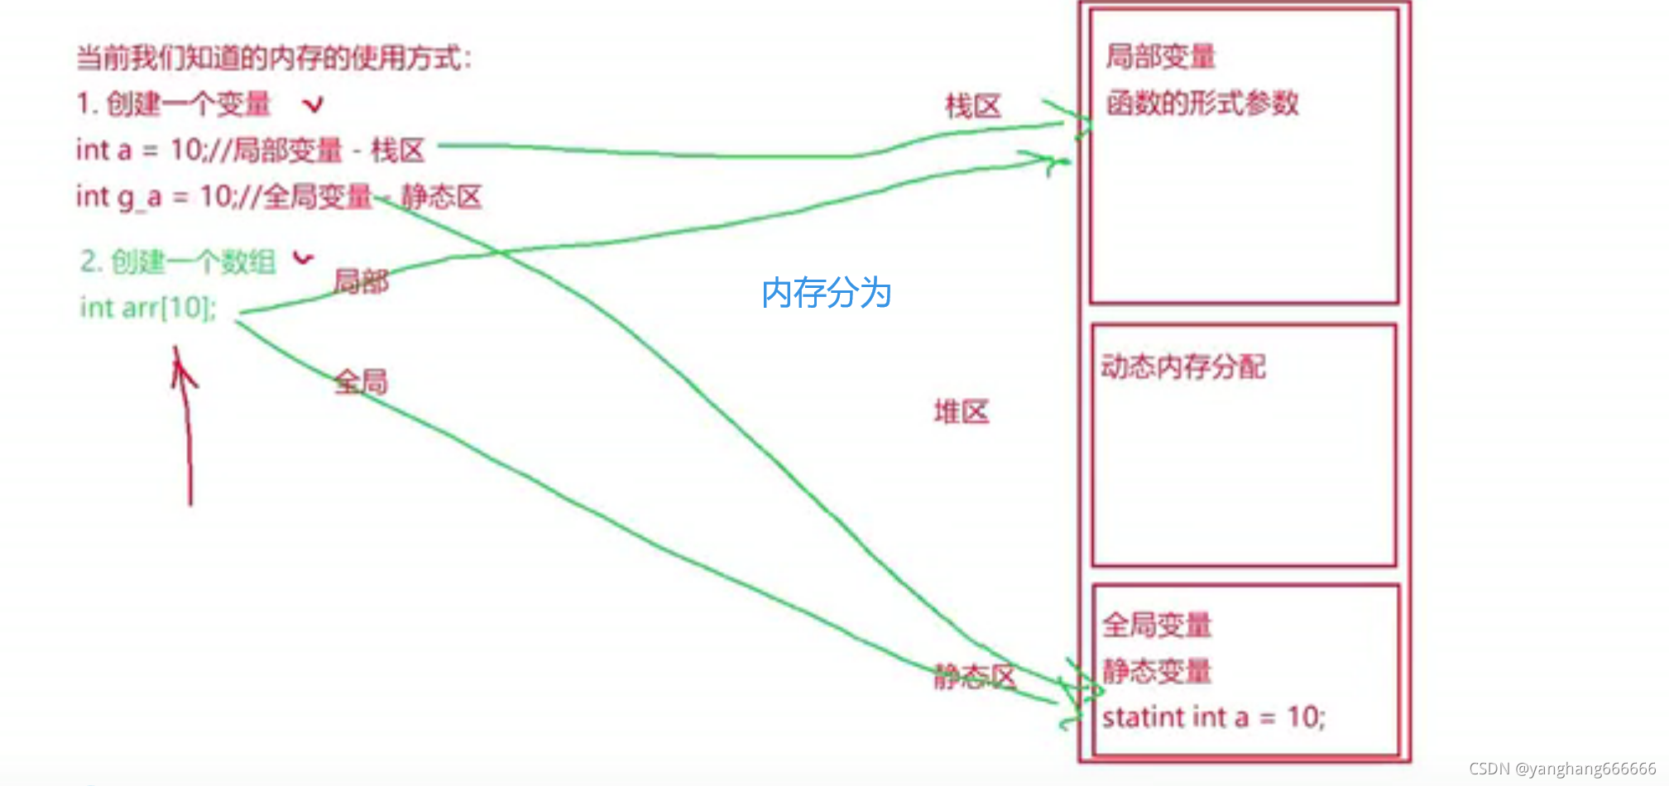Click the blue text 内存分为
point(826,293)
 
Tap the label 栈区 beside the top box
point(973,106)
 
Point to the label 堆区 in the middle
point(962,411)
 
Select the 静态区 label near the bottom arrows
point(974,677)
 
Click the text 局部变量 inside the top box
point(1160,56)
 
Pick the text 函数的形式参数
point(1201,103)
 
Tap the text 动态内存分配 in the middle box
point(1183,366)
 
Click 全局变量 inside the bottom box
point(1157,625)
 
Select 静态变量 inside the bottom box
point(1157,670)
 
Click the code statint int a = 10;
point(1213,717)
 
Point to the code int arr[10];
point(147,308)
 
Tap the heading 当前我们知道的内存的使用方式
point(273,58)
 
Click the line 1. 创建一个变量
point(174,103)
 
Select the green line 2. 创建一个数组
point(178,261)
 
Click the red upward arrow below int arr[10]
point(185,422)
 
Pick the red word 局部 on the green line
point(361,281)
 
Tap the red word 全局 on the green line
point(361,381)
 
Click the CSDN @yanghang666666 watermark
point(1562,769)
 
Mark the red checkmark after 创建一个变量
point(313,104)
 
